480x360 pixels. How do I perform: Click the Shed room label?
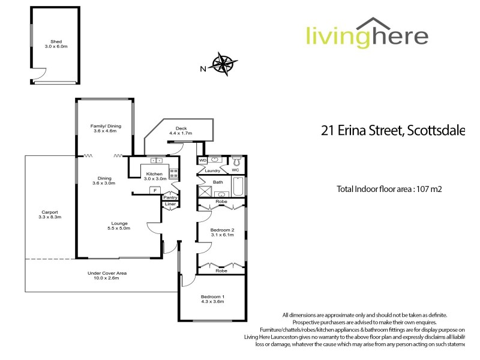tap(56, 43)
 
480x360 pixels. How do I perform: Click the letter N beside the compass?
tap(203, 68)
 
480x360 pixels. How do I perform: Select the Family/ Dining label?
tap(106, 128)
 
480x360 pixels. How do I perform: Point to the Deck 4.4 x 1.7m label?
tap(180, 130)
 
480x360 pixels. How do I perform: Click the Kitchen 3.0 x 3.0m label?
tap(155, 176)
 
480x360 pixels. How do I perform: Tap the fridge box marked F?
tap(155, 191)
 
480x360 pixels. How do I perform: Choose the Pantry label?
tap(170, 197)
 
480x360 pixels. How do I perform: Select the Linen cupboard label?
tap(170, 205)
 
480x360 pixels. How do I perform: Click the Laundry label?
tap(213, 170)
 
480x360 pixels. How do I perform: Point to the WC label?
tap(235, 170)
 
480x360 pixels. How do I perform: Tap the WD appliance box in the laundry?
tap(202, 161)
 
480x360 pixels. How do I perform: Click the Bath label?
tap(218, 182)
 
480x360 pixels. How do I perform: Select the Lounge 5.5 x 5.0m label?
tap(119, 226)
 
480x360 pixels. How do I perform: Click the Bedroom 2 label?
tap(222, 232)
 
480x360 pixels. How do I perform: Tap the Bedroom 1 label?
tap(211, 299)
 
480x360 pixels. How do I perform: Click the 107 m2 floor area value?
tap(431, 189)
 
